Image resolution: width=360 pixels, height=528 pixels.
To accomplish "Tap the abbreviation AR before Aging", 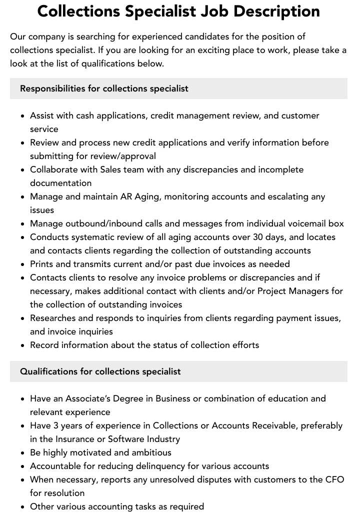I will (x=126, y=196).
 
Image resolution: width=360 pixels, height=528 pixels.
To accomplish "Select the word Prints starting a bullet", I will (x=42, y=264).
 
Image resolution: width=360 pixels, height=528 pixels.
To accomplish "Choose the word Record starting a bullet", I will (x=44, y=345).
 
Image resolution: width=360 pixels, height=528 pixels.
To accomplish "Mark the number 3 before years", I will (x=55, y=425).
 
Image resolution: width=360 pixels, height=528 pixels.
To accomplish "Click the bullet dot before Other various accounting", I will (x=23, y=506).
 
